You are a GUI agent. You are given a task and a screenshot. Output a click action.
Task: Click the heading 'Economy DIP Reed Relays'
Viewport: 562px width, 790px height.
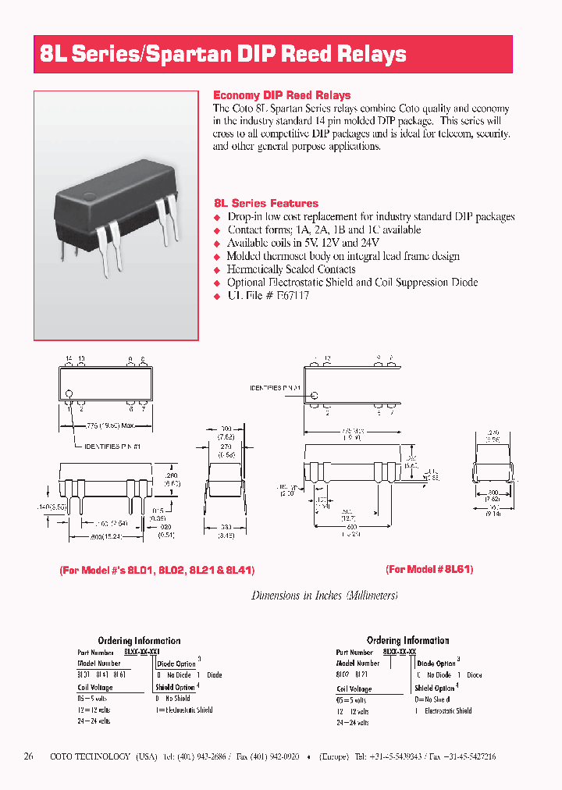[282, 95]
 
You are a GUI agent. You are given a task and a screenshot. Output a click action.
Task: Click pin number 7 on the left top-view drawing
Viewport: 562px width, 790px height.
[143, 408]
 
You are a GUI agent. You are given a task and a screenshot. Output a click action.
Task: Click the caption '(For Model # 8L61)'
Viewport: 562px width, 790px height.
[430, 569]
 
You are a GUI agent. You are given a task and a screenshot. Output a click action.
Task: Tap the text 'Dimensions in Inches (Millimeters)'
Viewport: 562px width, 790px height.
[325, 596]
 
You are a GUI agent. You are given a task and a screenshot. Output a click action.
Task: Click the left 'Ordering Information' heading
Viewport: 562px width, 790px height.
[139, 641]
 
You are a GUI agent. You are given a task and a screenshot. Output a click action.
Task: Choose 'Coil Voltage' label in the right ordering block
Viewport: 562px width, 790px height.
[354, 689]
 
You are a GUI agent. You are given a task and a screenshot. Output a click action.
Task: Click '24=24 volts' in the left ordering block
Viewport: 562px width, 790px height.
[94, 721]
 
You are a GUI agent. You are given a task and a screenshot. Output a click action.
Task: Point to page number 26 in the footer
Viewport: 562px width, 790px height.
[29, 756]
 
